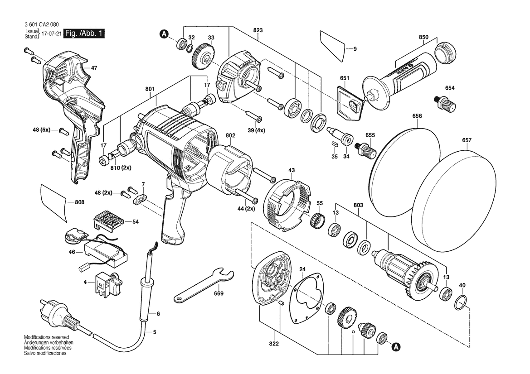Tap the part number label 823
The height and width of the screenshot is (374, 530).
[x=258, y=30]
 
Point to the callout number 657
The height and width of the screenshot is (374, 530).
[x=467, y=140]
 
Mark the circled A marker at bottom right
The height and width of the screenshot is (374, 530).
[x=396, y=347]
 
